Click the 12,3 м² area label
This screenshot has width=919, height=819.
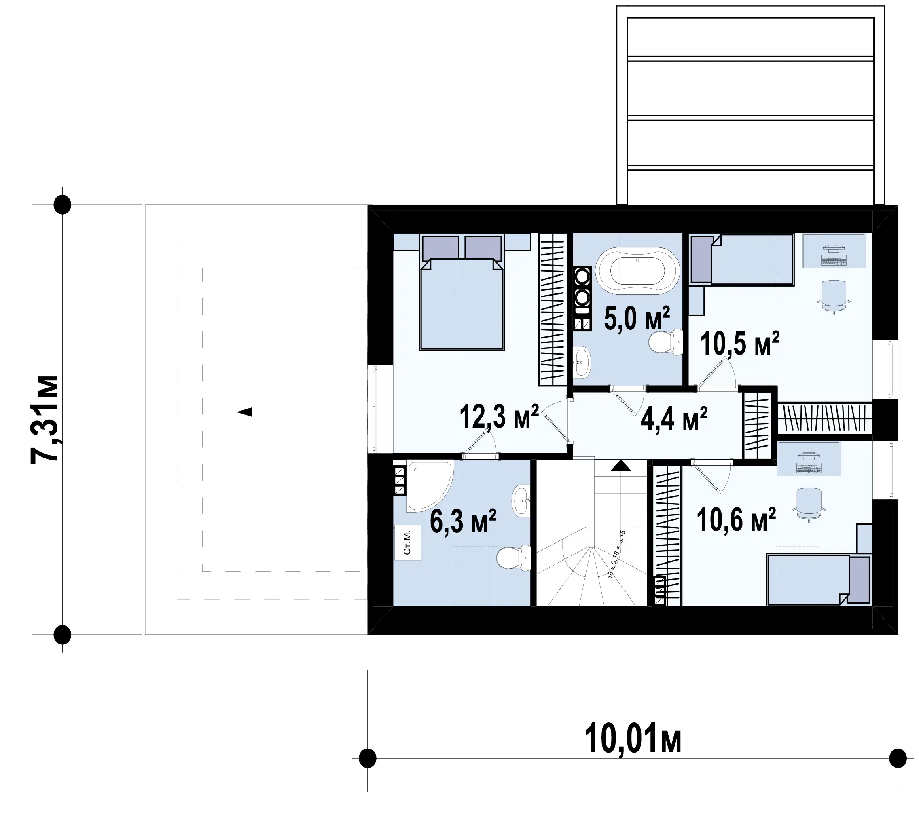coord(499,417)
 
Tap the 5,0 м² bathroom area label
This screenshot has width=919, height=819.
coord(637,318)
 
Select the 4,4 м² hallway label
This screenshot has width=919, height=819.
coord(674,419)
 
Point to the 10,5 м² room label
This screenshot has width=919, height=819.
coord(739,344)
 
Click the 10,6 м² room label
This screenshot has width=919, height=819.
coord(736,520)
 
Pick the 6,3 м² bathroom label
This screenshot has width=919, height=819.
coord(463,521)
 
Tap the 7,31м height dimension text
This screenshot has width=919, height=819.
coord(45,419)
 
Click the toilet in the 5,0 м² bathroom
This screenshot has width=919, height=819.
coord(665,342)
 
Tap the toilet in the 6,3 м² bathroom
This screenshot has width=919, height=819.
coord(514,558)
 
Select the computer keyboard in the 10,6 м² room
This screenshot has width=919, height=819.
coord(809,469)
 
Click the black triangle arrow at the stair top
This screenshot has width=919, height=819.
coord(621,465)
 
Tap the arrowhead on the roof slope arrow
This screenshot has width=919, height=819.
coord(244,412)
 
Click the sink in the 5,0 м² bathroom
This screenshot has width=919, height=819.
coord(581,362)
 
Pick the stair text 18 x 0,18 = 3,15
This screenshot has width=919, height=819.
coord(616,554)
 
